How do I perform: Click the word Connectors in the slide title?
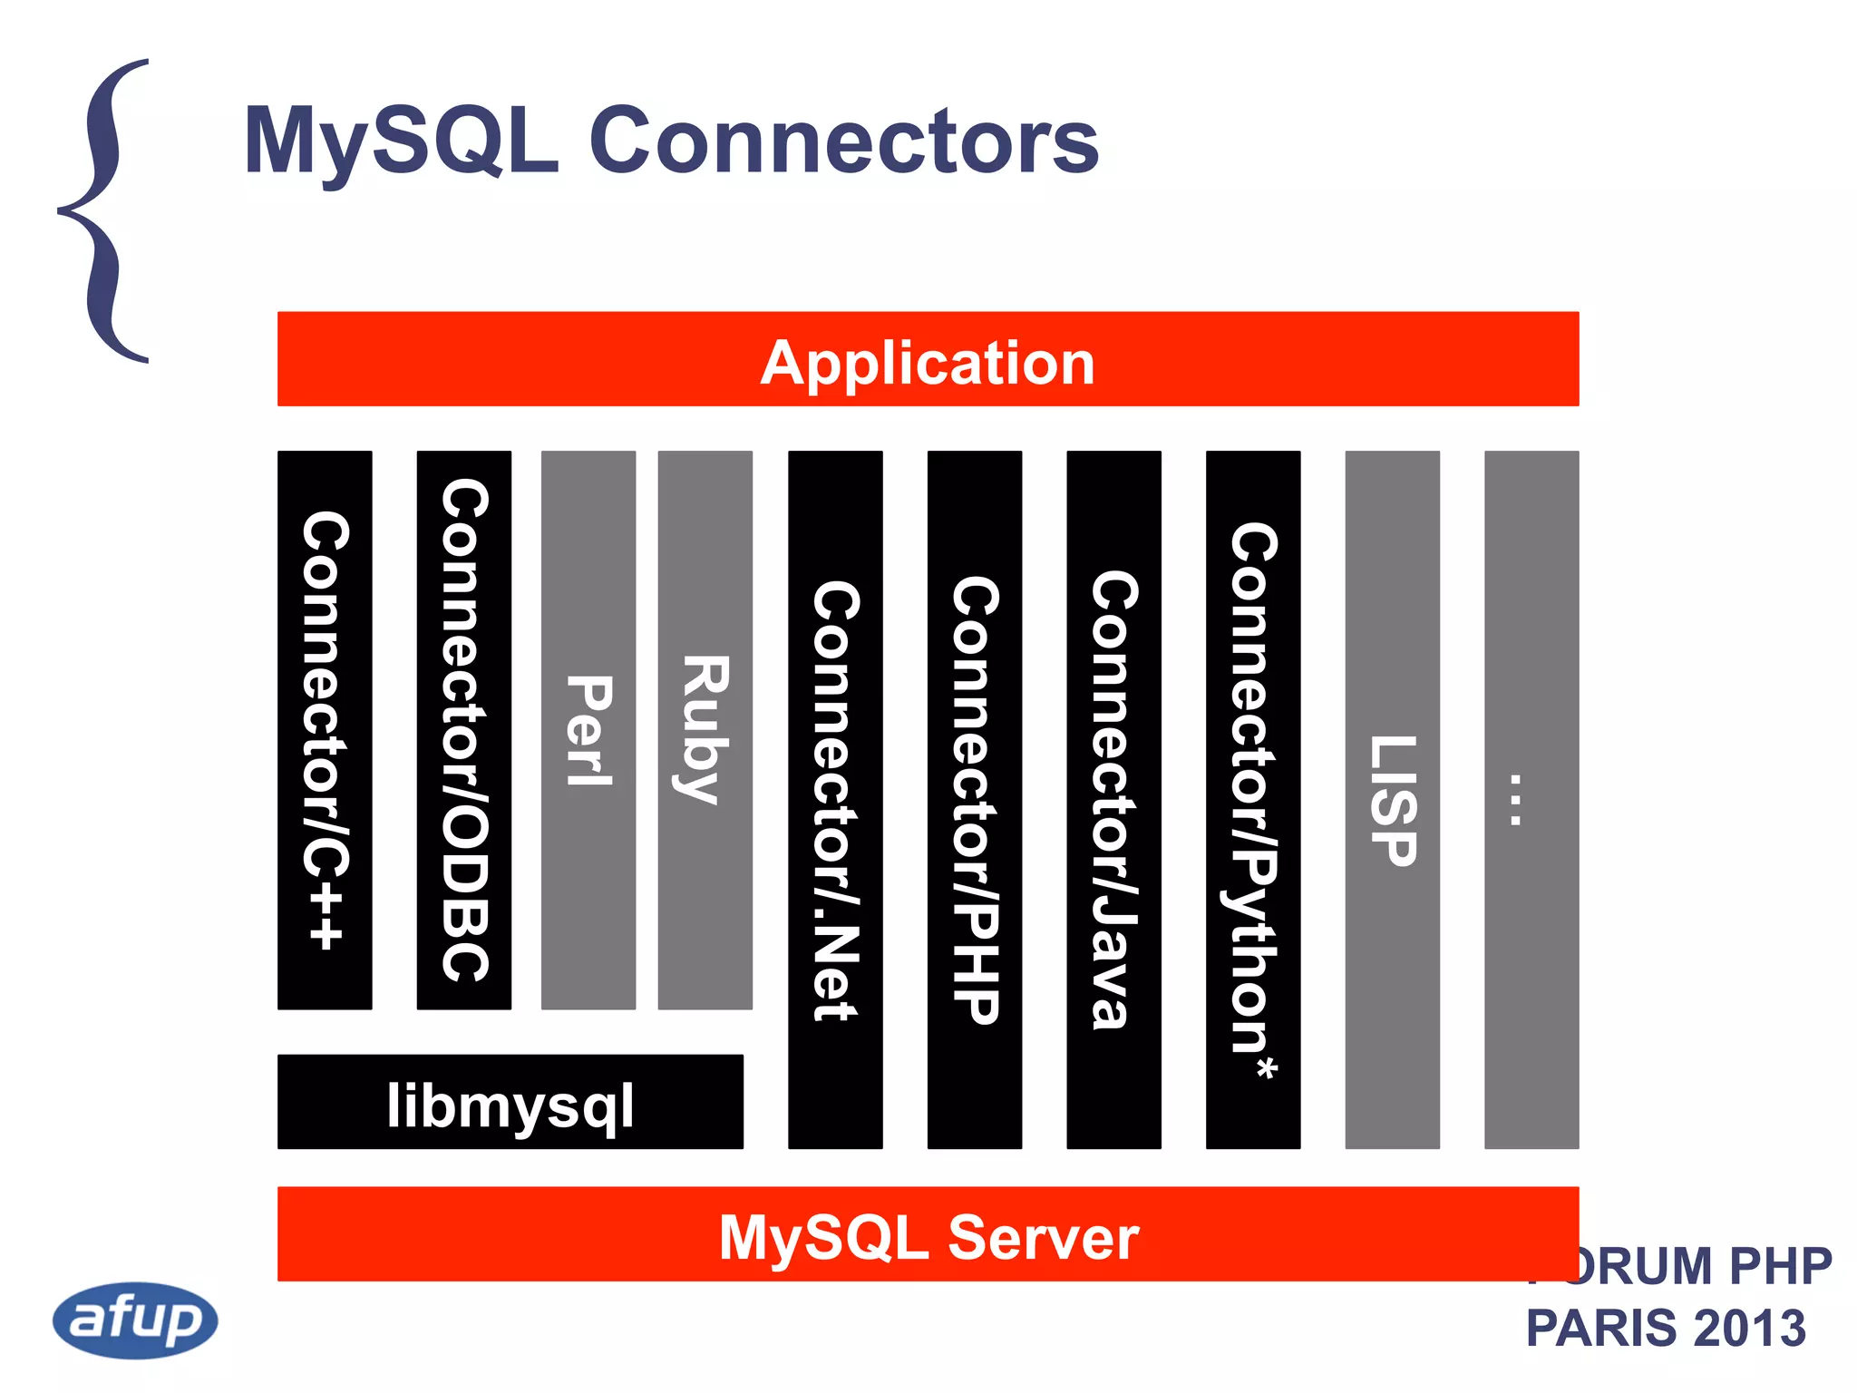843,141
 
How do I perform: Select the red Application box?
928,359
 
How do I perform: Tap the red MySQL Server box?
928,1234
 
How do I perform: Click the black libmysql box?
510,1102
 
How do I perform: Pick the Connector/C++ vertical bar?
325,730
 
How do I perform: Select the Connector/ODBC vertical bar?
463,730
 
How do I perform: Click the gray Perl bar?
588,730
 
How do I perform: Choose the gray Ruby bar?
705,730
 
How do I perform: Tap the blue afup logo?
135,1320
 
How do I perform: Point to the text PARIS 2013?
1666,1328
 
